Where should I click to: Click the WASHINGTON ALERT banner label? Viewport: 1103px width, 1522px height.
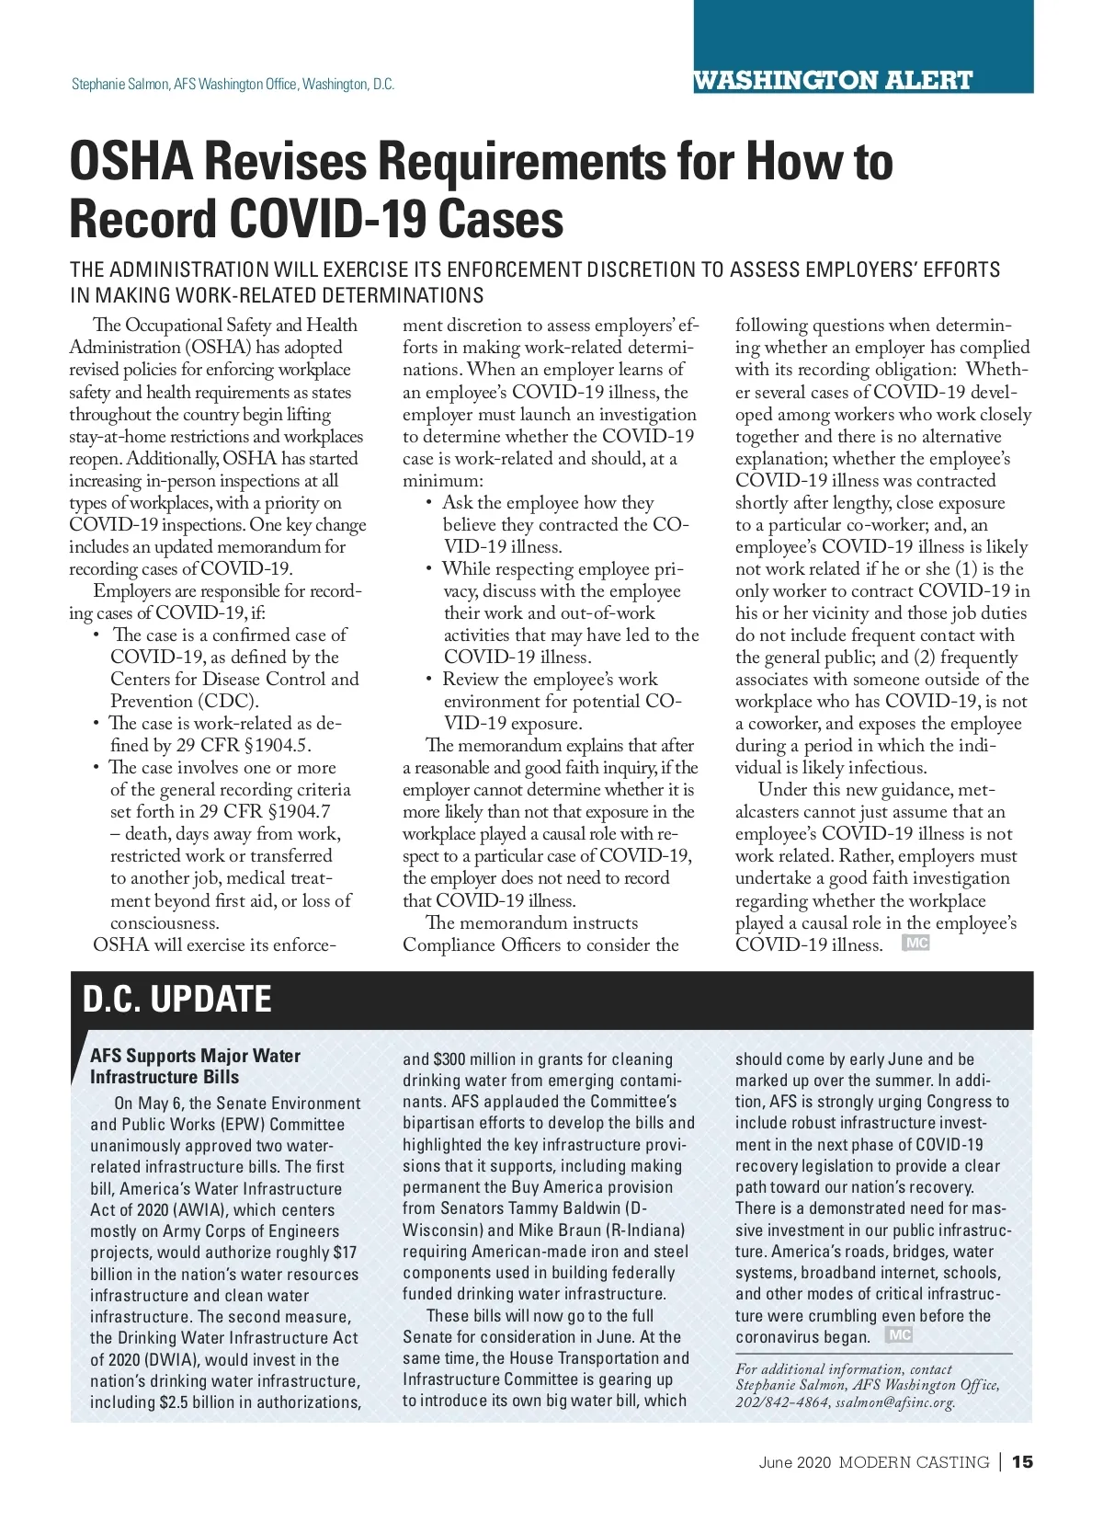[833, 80]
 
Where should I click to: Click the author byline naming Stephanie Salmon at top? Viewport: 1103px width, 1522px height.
[233, 85]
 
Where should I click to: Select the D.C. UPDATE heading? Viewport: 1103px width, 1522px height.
[177, 999]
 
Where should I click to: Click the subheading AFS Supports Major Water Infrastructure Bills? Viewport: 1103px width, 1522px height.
[195, 1066]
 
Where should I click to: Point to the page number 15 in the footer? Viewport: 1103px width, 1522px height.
[1022, 1462]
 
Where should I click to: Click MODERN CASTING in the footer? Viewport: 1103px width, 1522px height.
[914, 1462]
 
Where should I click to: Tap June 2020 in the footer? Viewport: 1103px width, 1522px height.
[795, 1462]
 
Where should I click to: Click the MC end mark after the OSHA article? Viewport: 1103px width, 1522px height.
[915, 943]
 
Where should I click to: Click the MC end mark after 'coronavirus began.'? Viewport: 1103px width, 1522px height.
[899, 1334]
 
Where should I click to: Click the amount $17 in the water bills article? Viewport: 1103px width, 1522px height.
[345, 1253]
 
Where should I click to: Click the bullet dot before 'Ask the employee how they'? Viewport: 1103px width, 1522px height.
[429, 503]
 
